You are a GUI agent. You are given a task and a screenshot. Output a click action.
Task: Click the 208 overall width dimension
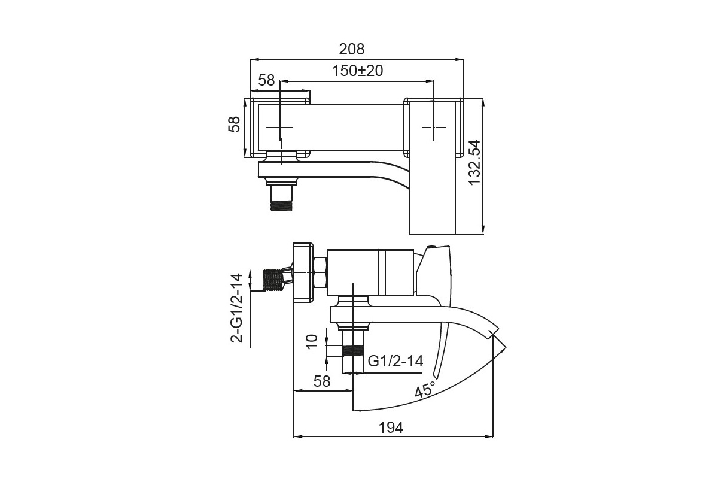tap(352, 50)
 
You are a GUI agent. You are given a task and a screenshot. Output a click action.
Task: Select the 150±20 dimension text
tap(358, 71)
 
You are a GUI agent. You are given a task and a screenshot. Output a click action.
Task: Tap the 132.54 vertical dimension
tap(474, 162)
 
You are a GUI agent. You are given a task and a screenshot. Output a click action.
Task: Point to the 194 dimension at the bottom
tap(391, 428)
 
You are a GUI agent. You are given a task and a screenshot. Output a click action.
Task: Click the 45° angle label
tap(425, 390)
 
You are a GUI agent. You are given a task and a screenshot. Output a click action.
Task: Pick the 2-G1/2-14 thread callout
tap(237, 308)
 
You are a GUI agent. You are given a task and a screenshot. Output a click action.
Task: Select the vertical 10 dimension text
tap(312, 341)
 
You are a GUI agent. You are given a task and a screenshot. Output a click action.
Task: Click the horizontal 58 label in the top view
tap(266, 80)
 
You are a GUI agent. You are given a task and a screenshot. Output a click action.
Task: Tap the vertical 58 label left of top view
tap(234, 124)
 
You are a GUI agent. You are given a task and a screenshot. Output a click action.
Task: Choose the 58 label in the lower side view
tap(322, 381)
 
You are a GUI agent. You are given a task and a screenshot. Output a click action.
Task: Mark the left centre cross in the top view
tap(280, 128)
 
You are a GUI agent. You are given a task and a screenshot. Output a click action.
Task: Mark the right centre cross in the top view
tap(434, 128)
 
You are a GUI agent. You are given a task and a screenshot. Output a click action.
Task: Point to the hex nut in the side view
tap(320, 272)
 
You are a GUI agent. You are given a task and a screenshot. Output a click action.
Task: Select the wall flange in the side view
tap(303, 272)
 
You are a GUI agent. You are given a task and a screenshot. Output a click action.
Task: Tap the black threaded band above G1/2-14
tap(353, 351)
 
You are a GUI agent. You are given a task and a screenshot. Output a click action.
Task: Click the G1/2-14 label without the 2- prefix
tap(395, 361)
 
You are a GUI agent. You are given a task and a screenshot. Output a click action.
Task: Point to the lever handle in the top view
tap(433, 167)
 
